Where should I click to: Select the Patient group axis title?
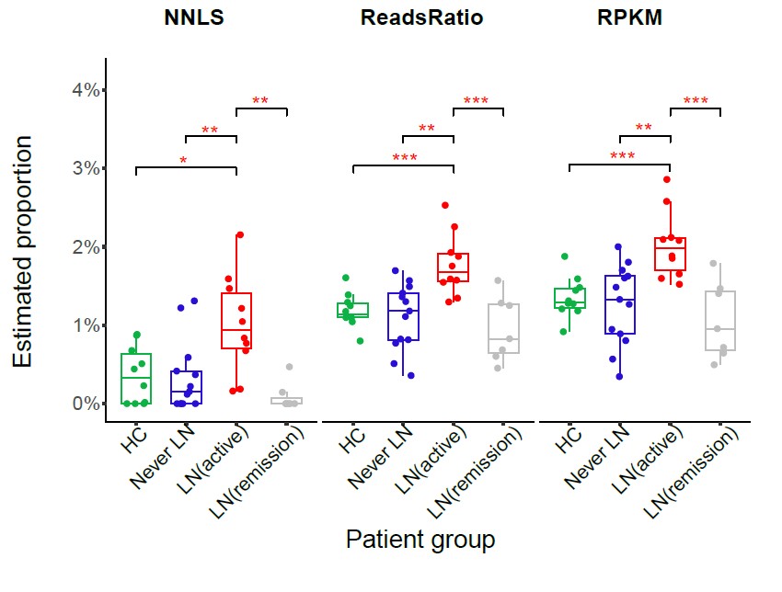(420, 539)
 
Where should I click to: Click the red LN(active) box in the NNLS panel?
(236, 321)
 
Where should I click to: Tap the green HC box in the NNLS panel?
(136, 379)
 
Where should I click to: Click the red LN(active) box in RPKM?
(671, 254)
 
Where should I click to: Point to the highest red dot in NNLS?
(240, 235)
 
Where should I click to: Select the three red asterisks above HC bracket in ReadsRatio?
(404, 158)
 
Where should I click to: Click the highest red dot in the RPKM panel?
(667, 180)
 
